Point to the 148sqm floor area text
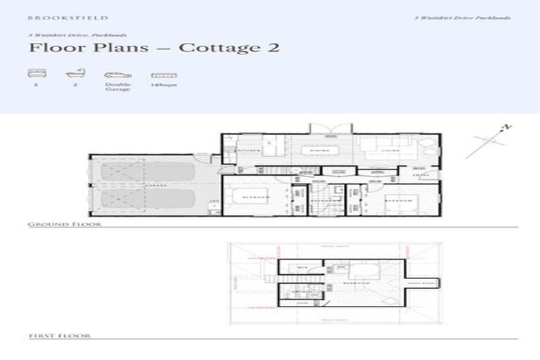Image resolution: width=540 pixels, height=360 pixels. pos(163,84)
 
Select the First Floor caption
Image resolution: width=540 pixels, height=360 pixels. pos(60,337)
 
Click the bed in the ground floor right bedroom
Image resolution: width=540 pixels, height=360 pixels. pos(400,204)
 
